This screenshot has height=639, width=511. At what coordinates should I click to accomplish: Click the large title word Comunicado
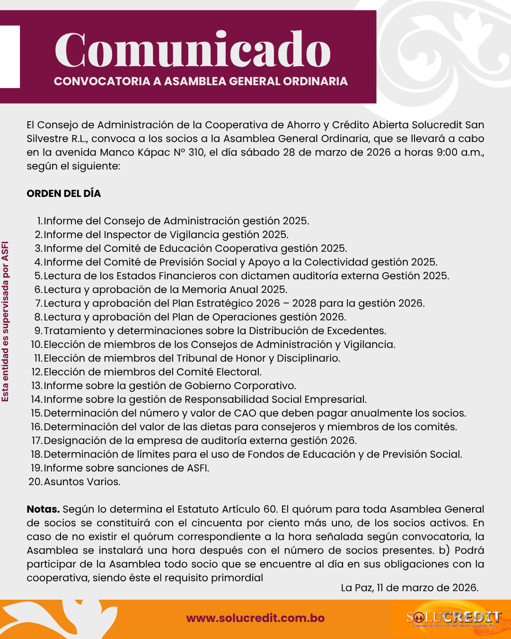point(193,50)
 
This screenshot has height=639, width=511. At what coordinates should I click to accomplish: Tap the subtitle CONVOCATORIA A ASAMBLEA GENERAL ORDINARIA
point(201,81)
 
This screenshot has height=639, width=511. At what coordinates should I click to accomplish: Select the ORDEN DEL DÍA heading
point(64,194)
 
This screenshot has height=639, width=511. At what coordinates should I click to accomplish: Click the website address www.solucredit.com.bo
point(255,618)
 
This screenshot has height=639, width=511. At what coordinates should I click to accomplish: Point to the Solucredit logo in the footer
point(453,618)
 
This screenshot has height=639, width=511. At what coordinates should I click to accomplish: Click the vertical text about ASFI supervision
point(6,322)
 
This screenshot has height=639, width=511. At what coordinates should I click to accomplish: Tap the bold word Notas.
point(43,509)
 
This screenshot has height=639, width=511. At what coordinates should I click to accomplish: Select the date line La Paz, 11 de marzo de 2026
point(410,588)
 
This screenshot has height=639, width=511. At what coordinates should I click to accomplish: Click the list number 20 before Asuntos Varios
point(35,482)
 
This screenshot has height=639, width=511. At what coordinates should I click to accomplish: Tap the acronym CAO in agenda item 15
point(245,413)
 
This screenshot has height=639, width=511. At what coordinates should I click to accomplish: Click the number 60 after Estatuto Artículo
point(270,509)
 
